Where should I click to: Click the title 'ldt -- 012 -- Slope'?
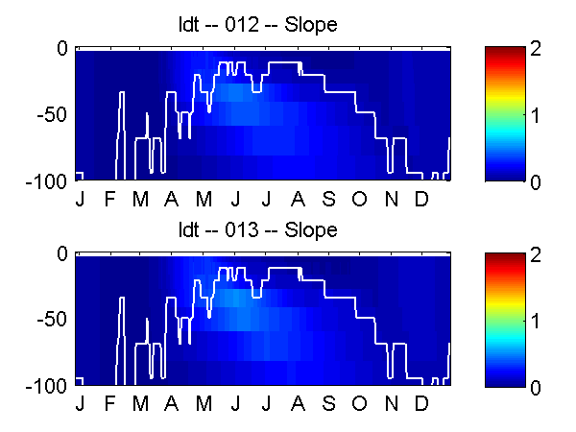tap(257, 25)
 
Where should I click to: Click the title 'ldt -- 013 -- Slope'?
tap(257, 230)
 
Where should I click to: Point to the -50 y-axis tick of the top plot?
tap(52, 115)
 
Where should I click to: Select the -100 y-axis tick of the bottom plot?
tap(46, 386)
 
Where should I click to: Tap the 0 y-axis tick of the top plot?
tap(62, 49)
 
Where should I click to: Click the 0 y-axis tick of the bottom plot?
tap(62, 253)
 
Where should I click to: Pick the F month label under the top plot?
tap(109, 199)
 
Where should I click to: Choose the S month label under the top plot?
tap(328, 199)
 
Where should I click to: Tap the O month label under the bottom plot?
tap(359, 404)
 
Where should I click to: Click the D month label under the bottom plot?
tap(421, 404)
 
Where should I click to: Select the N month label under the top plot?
tap(392, 199)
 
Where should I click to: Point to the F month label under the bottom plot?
tap(109, 404)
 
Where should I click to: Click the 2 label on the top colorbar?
tap(536, 49)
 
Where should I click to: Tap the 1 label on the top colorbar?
tap(536, 115)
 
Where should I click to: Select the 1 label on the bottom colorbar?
tap(536, 321)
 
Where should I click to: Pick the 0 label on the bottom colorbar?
tap(536, 388)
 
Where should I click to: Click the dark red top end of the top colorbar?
tap(505, 52)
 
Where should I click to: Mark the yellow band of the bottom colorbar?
tap(505, 299)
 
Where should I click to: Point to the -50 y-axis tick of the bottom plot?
tap(52, 320)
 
